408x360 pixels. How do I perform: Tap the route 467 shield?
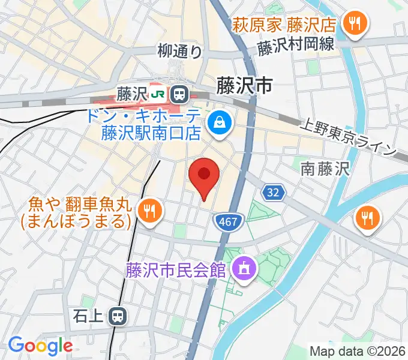point(228,223)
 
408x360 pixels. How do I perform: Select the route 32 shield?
point(272,193)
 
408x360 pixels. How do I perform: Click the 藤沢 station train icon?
point(178,94)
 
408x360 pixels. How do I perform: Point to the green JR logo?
point(158,94)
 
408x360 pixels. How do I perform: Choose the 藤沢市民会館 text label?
point(176,271)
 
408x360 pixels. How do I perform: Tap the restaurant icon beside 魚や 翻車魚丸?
point(147,210)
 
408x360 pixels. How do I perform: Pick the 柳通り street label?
point(180,52)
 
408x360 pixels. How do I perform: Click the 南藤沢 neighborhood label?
point(325,170)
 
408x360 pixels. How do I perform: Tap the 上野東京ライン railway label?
point(349,139)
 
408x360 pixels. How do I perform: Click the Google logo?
point(40,346)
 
